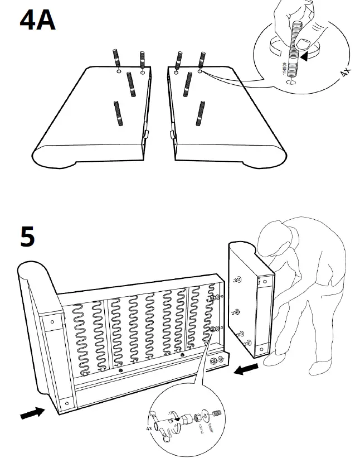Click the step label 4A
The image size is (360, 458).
click(37, 21)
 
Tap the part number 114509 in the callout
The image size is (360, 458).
click(284, 71)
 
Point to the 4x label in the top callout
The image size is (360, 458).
click(345, 73)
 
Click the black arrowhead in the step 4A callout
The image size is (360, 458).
click(305, 56)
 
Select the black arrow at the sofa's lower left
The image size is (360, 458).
click(33, 412)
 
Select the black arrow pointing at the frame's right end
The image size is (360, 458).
click(246, 369)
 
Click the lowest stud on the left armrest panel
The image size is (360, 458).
click(118, 114)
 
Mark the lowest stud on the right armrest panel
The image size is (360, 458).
click(199, 113)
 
